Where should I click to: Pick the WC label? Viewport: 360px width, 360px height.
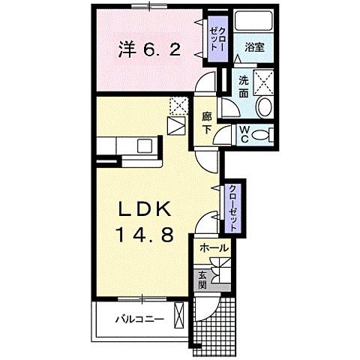[245, 134]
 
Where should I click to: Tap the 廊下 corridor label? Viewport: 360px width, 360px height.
[207, 121]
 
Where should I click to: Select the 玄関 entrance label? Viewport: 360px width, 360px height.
[202, 280]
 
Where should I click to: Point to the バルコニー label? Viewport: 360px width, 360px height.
[139, 319]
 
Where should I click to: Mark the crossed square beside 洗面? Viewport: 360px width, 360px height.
[263, 80]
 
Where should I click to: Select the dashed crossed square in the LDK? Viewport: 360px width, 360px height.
[178, 106]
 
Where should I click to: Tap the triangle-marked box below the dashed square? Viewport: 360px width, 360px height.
[176, 125]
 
